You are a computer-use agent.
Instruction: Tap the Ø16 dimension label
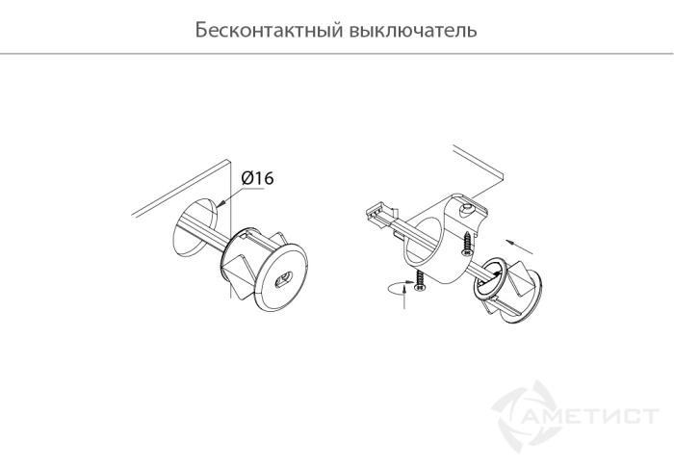click(257, 179)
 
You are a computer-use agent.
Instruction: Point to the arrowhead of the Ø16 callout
click(222, 202)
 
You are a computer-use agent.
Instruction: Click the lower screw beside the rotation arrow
click(421, 282)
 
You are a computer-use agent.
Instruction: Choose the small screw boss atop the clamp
click(467, 207)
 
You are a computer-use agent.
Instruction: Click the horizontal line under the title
click(337, 54)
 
